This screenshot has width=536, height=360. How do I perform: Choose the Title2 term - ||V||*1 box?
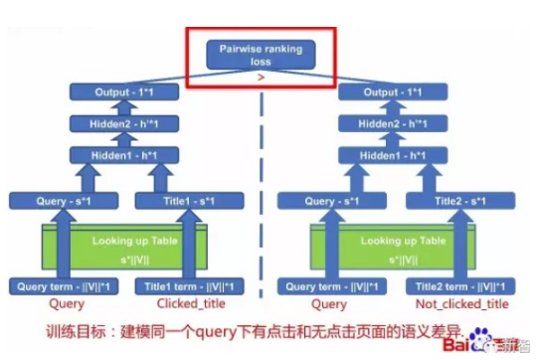click(x=458, y=286)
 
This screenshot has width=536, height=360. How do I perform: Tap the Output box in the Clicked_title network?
click(x=124, y=91)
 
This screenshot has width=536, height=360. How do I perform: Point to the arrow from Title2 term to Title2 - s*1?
click(x=458, y=245)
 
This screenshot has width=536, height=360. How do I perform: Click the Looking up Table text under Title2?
click(x=396, y=241)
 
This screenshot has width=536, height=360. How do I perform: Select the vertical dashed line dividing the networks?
click(x=263, y=199)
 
